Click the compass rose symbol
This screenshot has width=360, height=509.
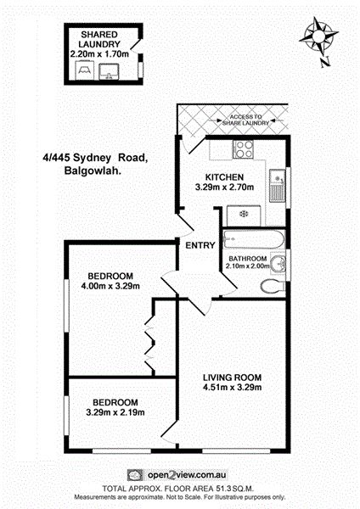(318, 36)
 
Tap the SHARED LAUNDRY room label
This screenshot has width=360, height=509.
(99, 39)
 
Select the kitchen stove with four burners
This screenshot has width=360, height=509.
(243, 149)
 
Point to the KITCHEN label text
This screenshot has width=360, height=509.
(224, 177)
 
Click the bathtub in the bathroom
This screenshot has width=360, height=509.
(253, 239)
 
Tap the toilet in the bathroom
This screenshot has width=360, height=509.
(273, 286)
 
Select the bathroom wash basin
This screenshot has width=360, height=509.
(278, 263)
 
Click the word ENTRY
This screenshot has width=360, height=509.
(200, 245)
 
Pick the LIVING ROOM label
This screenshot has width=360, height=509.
(233, 378)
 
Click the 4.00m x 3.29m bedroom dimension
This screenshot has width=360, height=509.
(110, 286)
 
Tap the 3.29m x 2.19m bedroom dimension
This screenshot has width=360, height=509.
(115, 412)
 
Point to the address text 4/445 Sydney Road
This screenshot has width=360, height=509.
(96, 158)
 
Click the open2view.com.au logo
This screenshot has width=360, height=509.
(177, 475)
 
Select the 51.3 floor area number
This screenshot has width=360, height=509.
(223, 489)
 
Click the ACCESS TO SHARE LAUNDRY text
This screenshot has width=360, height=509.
(246, 120)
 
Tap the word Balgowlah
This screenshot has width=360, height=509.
(93, 171)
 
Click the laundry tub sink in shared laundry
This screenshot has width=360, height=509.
(109, 71)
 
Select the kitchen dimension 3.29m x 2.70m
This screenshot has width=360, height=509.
(224, 187)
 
